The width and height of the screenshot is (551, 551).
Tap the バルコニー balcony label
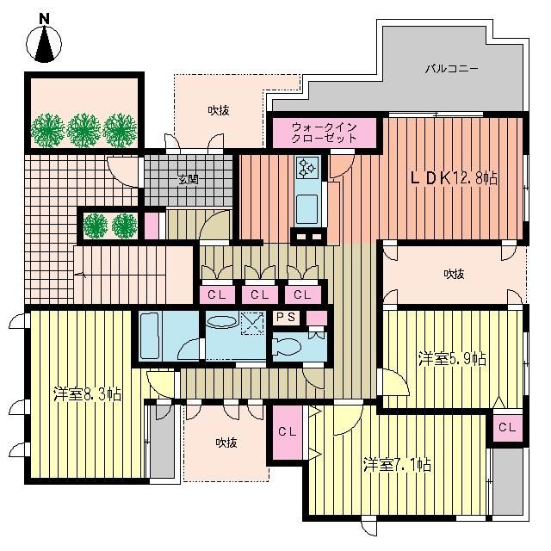(451, 68)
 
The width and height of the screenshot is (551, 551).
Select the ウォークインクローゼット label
(324, 133)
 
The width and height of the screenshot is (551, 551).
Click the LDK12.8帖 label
(454, 178)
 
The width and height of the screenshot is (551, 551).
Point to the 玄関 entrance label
(189, 180)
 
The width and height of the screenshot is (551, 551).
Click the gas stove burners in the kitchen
(307, 167)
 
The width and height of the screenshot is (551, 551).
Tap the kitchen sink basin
(307, 209)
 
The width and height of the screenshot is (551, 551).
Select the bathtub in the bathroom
(150, 337)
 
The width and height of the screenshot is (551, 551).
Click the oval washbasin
(222, 321)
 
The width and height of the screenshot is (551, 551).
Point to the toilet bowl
(287, 346)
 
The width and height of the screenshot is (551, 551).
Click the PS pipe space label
(285, 318)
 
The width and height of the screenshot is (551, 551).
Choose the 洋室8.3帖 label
(88, 394)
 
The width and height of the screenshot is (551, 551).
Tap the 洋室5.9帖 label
(453, 359)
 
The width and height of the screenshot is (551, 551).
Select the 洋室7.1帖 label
(398, 465)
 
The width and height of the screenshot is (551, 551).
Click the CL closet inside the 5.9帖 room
(507, 427)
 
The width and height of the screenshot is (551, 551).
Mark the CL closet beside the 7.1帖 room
(288, 432)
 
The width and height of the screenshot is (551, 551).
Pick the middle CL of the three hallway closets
(260, 294)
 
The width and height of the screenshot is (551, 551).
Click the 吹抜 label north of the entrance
(219, 111)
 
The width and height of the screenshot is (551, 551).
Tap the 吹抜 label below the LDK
(454, 274)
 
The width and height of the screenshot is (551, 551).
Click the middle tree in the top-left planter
(84, 130)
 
